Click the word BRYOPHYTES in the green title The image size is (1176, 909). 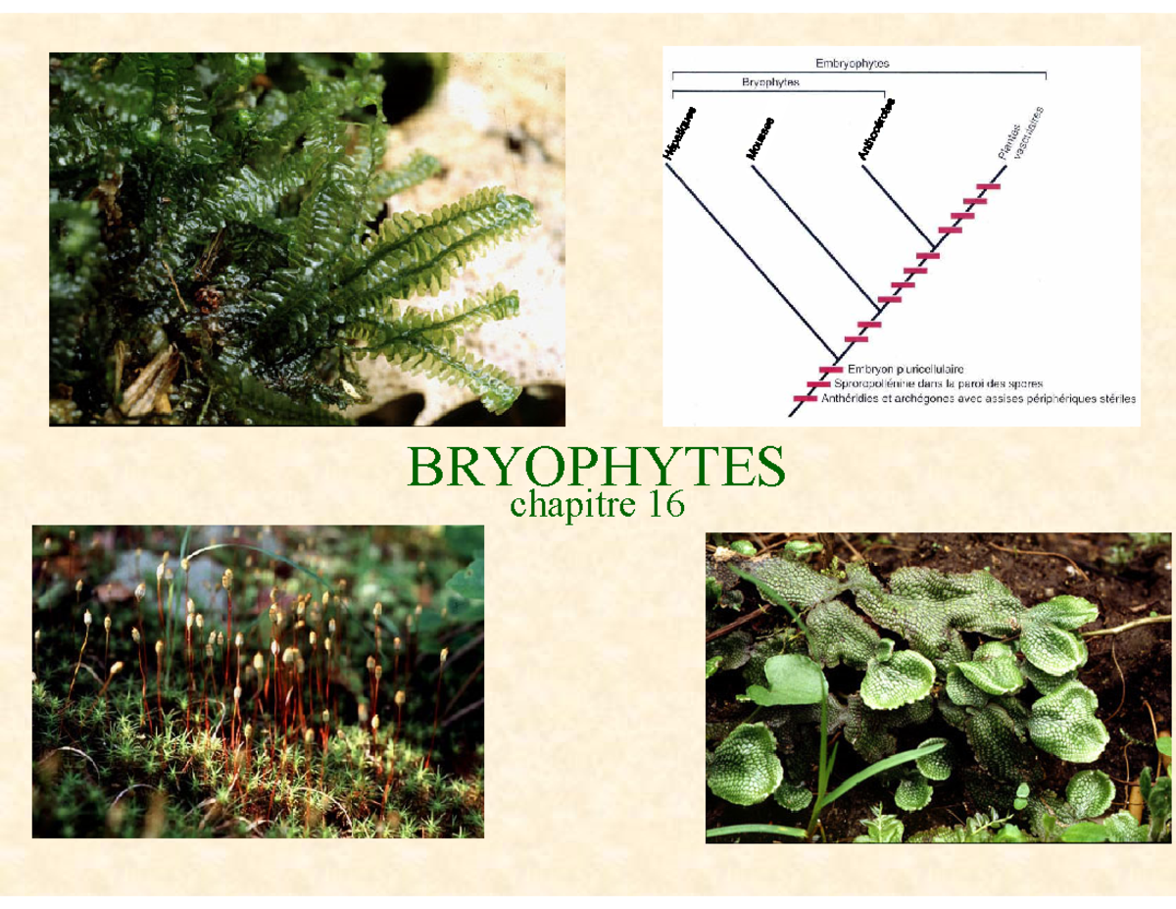pyautogui.click(x=596, y=469)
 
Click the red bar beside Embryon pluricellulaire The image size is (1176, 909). pyautogui.click(x=831, y=370)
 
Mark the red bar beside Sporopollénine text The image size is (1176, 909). pyautogui.click(x=818, y=384)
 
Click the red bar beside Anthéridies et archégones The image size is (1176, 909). pyautogui.click(x=806, y=399)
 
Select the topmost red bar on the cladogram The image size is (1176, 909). pyautogui.click(x=988, y=186)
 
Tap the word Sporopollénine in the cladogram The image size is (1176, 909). pyautogui.click(x=882, y=384)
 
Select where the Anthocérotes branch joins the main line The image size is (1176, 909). pyautogui.click(x=934, y=244)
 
